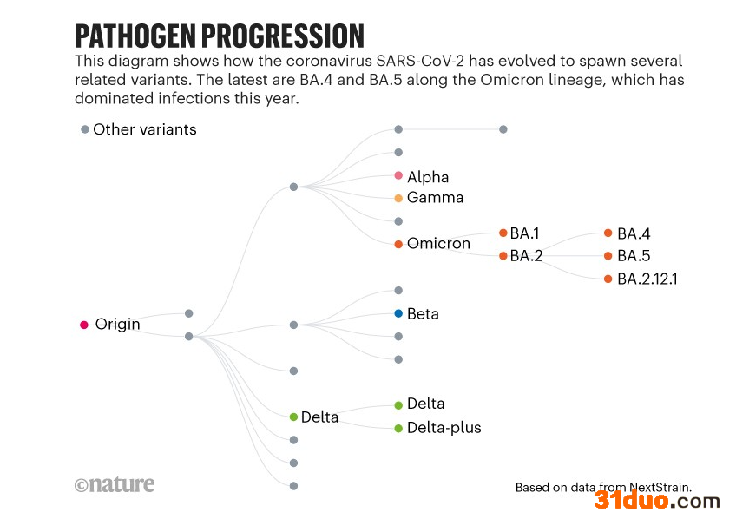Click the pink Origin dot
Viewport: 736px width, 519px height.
(x=84, y=325)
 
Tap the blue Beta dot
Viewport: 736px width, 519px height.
(x=398, y=313)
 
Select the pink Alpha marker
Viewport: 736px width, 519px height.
(x=398, y=175)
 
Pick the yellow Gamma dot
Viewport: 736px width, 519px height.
(x=398, y=198)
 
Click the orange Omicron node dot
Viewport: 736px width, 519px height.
(x=398, y=244)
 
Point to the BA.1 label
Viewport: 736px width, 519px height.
(x=524, y=233)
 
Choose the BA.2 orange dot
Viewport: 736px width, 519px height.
(x=503, y=256)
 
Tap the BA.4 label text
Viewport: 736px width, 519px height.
(x=634, y=233)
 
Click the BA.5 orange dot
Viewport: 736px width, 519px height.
(x=608, y=256)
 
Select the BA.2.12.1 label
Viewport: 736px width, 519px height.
(x=647, y=279)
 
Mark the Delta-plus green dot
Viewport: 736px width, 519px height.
(x=398, y=428)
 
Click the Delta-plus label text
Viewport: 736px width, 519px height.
(x=444, y=428)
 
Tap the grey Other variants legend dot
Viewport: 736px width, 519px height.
(x=85, y=129)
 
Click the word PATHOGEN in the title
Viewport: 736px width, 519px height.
(x=135, y=36)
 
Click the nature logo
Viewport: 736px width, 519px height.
(x=115, y=484)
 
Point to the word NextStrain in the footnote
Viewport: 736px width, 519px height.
(x=662, y=488)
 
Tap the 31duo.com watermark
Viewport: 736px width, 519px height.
(x=657, y=501)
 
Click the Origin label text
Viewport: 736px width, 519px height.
(x=117, y=325)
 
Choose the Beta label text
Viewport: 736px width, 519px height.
(x=423, y=313)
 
